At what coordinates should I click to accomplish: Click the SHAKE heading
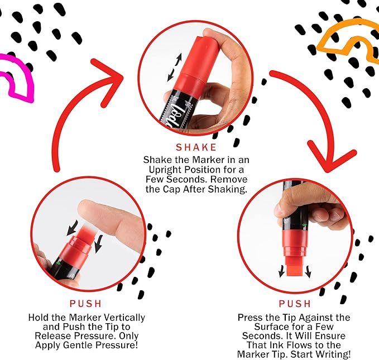tap(196, 147)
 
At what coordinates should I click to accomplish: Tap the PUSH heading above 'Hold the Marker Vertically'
tap(85, 304)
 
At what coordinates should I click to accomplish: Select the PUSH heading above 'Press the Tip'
tap(295, 304)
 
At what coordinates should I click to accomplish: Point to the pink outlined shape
tap(17, 78)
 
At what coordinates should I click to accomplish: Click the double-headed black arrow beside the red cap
tap(175, 67)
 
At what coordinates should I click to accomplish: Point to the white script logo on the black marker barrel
tap(175, 114)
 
